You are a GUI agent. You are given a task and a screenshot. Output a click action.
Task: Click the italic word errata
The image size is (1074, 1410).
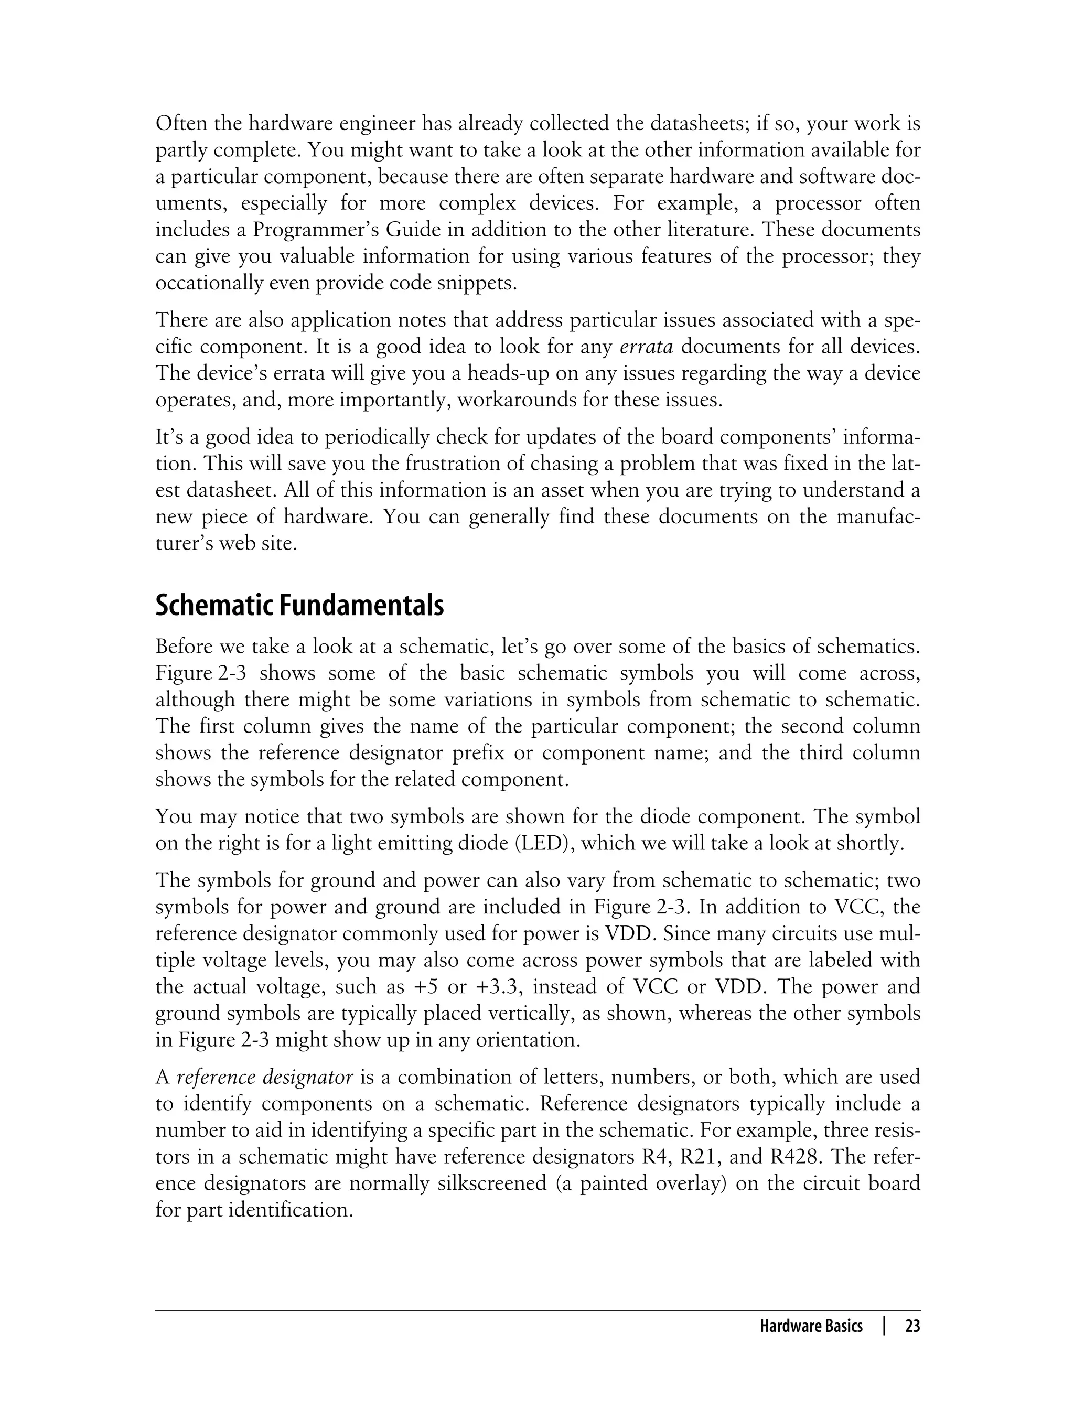pos(646,347)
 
